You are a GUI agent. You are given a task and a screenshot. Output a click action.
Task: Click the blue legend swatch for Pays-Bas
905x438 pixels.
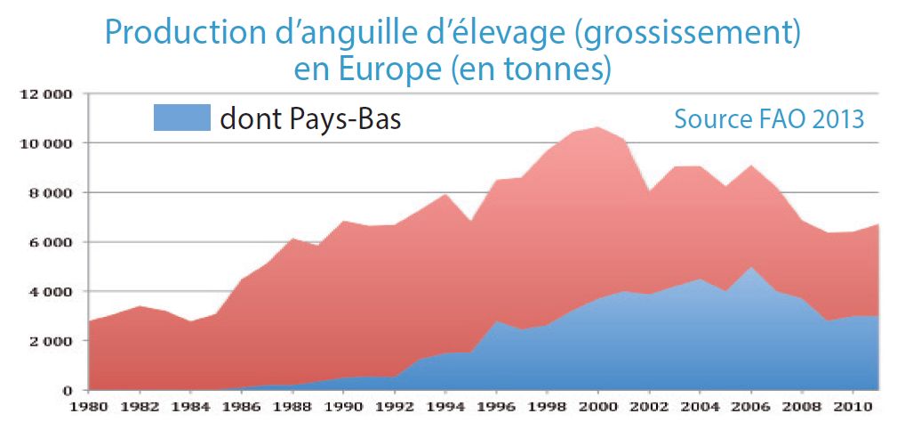coord(181,118)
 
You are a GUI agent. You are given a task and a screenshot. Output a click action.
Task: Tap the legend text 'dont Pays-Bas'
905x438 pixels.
coord(310,118)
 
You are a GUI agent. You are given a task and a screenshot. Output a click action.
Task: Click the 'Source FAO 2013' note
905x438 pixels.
coord(769,118)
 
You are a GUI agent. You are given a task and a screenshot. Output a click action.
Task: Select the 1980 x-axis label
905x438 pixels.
coord(89,410)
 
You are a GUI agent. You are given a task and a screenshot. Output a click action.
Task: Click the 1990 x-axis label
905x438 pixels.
coord(344,410)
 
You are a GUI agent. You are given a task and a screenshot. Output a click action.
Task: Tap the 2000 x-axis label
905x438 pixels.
coord(599,410)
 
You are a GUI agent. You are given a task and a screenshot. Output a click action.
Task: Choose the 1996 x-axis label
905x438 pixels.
coord(497,410)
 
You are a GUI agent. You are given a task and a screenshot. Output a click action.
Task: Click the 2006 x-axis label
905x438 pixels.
coord(752,410)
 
